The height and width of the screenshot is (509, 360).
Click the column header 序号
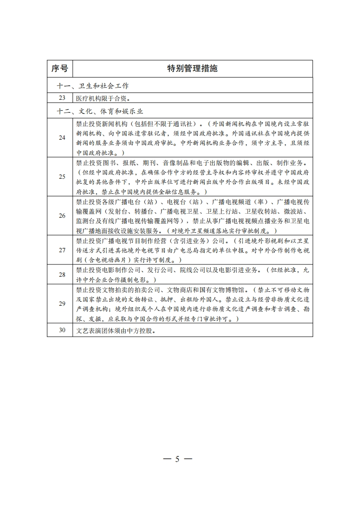click(x=59, y=69)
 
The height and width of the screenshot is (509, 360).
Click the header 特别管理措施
click(x=192, y=69)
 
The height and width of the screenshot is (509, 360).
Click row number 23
click(x=62, y=98)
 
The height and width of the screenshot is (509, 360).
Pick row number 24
click(x=62, y=137)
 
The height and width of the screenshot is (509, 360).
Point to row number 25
click(x=62, y=176)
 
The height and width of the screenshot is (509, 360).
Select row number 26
click(x=62, y=215)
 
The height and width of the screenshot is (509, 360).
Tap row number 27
click(x=62, y=250)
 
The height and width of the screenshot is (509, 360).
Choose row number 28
click(x=62, y=274)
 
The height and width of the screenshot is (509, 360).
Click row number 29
click(x=62, y=303)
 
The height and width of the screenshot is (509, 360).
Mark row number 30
click(x=62, y=330)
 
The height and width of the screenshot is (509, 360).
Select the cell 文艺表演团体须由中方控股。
click(x=116, y=330)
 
